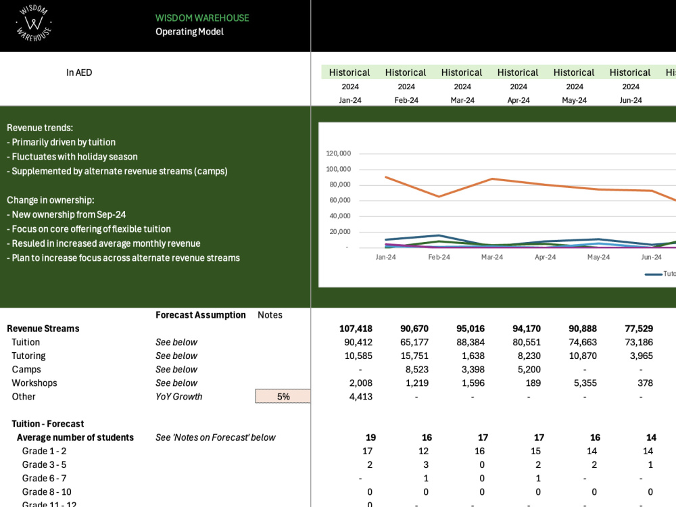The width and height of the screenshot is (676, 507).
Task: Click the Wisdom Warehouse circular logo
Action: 34,23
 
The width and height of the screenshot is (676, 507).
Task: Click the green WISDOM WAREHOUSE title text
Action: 202,18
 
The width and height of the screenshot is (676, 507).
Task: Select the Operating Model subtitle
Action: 190,32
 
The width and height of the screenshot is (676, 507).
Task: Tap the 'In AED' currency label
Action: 79,72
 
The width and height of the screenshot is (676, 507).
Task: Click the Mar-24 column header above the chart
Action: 462,100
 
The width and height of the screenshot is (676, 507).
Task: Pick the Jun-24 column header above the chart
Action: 630,100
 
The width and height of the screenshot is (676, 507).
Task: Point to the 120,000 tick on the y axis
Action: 339,153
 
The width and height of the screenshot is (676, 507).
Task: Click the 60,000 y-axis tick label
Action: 340,200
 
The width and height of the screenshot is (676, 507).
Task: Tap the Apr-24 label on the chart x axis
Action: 546,257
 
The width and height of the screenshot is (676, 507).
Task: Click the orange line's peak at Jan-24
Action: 386,176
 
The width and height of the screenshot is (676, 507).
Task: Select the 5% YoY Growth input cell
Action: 283,396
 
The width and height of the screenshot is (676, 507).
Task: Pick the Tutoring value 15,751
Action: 414,356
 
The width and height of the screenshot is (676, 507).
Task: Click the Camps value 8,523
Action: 417,370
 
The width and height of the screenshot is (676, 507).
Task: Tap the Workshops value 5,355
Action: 585,383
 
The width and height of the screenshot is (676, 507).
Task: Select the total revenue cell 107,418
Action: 356,329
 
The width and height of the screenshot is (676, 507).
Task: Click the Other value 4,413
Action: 361,397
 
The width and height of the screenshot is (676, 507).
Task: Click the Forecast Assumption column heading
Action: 201,315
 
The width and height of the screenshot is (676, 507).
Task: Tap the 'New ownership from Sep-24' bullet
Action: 66,214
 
